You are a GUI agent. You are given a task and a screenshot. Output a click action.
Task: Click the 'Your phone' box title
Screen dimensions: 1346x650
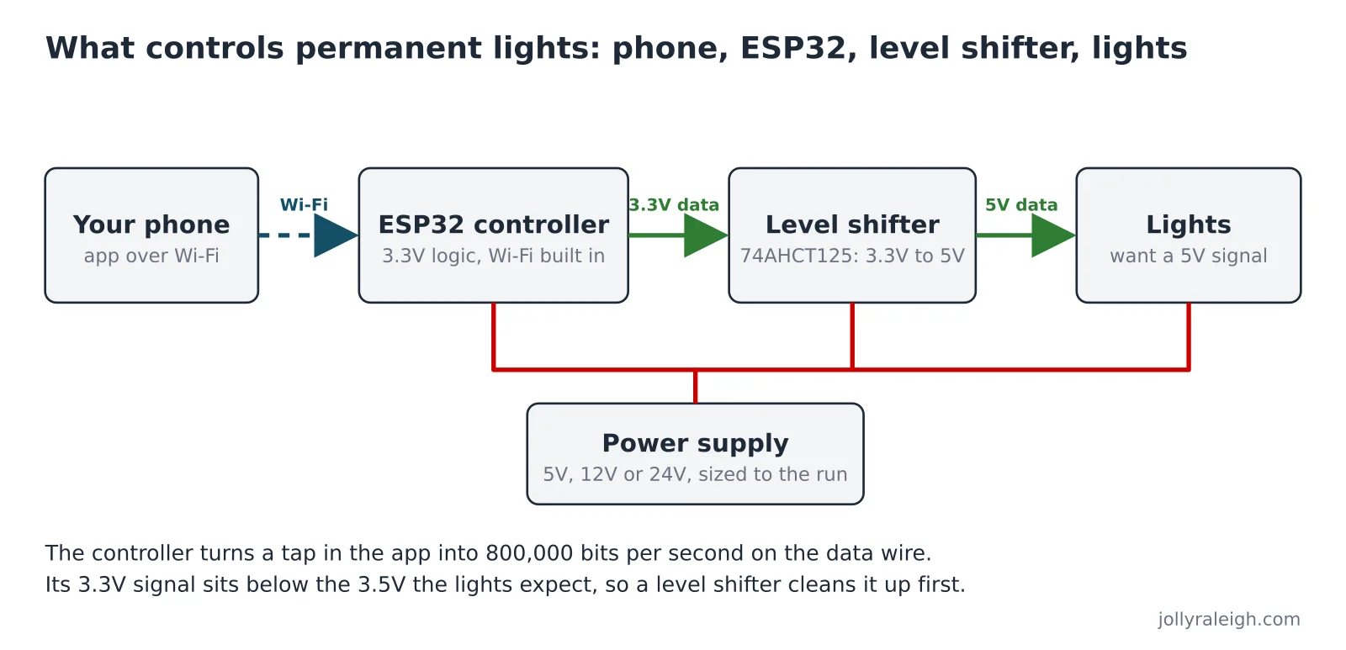click(x=151, y=225)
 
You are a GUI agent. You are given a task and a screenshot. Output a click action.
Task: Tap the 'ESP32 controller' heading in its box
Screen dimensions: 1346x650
click(x=493, y=225)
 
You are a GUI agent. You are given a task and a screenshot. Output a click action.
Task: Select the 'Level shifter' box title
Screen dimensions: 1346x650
click(x=852, y=225)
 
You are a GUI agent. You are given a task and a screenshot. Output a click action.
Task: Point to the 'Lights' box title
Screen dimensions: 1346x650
click(x=1188, y=225)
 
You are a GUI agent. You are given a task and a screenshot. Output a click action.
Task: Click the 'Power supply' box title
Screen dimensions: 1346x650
click(x=695, y=443)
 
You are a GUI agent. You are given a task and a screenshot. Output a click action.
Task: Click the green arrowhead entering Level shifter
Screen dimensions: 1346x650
click(x=706, y=235)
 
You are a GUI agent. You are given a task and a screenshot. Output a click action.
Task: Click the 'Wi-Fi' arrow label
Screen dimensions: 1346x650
click(x=304, y=205)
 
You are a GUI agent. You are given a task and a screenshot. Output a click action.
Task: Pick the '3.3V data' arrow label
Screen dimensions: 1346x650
click(x=674, y=205)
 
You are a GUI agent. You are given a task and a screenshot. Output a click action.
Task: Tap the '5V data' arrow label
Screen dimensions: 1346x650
click(x=1021, y=205)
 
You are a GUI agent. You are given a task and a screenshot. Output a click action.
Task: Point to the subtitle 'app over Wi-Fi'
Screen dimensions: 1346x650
click(x=151, y=256)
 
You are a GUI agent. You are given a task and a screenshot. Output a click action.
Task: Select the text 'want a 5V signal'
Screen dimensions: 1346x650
click(x=1188, y=256)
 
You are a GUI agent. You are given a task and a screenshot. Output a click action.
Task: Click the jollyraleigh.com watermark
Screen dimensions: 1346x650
click(x=1229, y=620)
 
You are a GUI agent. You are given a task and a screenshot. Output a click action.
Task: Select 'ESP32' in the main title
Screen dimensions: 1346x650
click(x=792, y=48)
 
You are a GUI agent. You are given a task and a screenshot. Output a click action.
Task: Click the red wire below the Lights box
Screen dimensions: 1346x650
click(x=1189, y=336)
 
